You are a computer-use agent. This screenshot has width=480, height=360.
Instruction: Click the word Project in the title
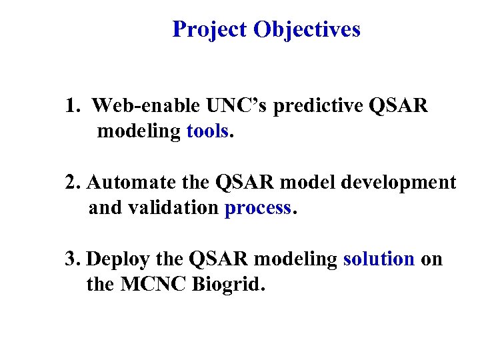click(x=209, y=30)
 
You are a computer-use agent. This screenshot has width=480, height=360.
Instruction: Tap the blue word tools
click(x=207, y=131)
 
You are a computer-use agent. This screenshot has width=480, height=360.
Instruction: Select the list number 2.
click(x=72, y=182)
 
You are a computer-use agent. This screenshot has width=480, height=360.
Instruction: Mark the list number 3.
click(x=72, y=259)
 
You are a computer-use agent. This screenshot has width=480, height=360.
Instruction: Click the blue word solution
click(x=379, y=259)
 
